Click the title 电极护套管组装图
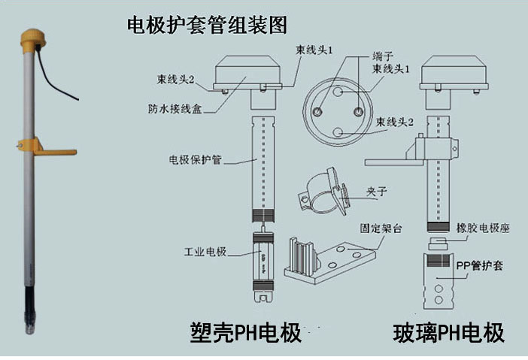(207, 25)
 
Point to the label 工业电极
(206, 250)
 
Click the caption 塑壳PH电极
(244, 332)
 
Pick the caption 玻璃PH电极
(449, 332)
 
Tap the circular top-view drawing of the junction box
(336, 108)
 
